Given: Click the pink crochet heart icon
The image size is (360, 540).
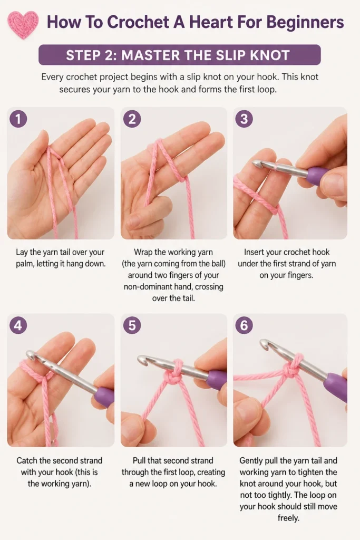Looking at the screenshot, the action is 23,24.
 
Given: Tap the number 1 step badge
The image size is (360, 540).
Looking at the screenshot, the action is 18,119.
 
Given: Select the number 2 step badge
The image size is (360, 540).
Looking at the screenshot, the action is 132,119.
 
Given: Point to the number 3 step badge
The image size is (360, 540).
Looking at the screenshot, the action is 244,119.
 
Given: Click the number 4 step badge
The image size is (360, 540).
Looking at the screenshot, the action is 18,325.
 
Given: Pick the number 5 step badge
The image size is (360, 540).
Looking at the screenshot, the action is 132,325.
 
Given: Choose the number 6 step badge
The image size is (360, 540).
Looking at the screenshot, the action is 244,325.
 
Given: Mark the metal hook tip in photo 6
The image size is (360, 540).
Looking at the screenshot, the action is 266,344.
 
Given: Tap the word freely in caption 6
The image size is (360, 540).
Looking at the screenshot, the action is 288,518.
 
